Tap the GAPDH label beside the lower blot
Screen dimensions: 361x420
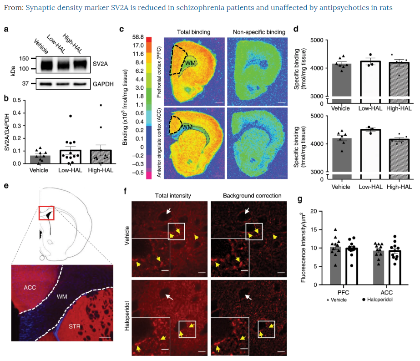(103, 84)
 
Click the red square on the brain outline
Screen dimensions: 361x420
(46, 213)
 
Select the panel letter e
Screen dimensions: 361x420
(6, 185)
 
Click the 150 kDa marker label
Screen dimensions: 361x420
(24, 59)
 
